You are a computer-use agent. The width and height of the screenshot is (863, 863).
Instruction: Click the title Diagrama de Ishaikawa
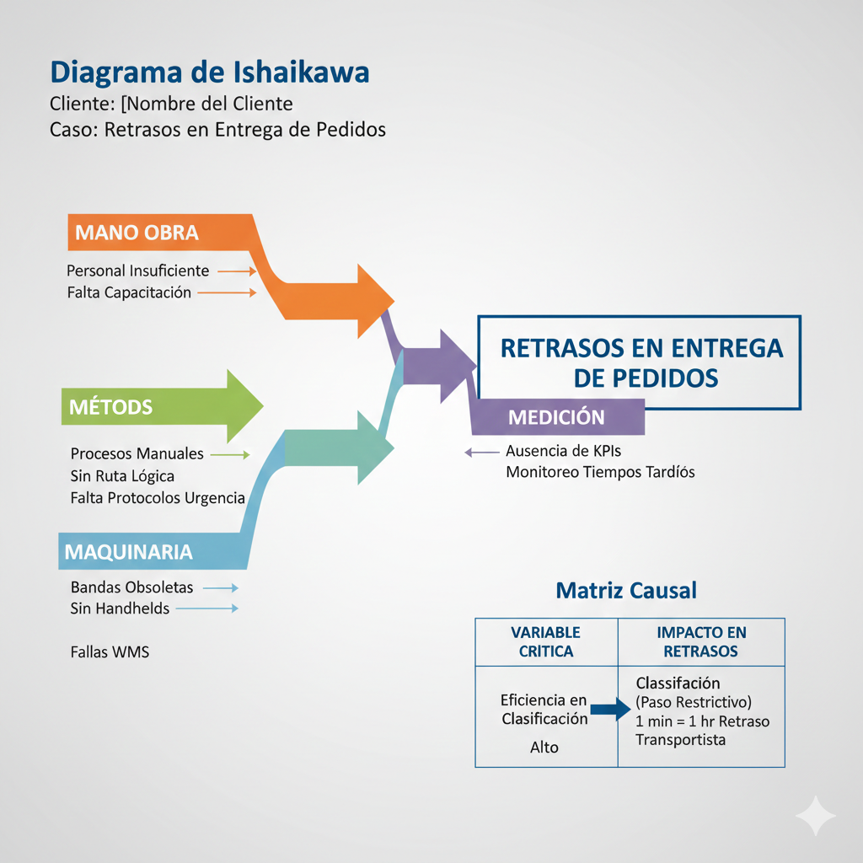point(210,72)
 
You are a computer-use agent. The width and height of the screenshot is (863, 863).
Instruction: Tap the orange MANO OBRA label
point(137,233)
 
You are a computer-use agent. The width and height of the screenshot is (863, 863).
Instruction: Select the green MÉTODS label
point(112,408)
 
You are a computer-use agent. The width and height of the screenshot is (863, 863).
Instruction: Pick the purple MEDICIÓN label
point(556,417)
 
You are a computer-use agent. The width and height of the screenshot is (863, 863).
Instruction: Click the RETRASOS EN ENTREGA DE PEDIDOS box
point(641,362)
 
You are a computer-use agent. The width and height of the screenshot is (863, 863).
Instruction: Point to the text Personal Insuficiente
point(138,271)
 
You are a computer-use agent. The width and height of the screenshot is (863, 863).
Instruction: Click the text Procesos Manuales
point(137,454)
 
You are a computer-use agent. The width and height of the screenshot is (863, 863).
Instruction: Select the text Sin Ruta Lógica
point(123,476)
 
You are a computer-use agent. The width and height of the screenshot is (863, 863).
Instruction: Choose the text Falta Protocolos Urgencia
point(158,498)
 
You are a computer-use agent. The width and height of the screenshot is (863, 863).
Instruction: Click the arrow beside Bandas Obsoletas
point(221,587)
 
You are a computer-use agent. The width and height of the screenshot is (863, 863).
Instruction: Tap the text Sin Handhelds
point(120,608)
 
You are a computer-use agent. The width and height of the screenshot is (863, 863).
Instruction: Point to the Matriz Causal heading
point(626,591)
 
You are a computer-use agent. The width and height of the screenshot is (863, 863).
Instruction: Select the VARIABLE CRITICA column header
point(546,641)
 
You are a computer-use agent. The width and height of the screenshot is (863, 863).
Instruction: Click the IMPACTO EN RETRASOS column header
point(700,641)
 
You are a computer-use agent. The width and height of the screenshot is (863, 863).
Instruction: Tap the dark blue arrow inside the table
point(610,710)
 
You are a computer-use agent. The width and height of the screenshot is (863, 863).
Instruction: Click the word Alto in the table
point(544,748)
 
